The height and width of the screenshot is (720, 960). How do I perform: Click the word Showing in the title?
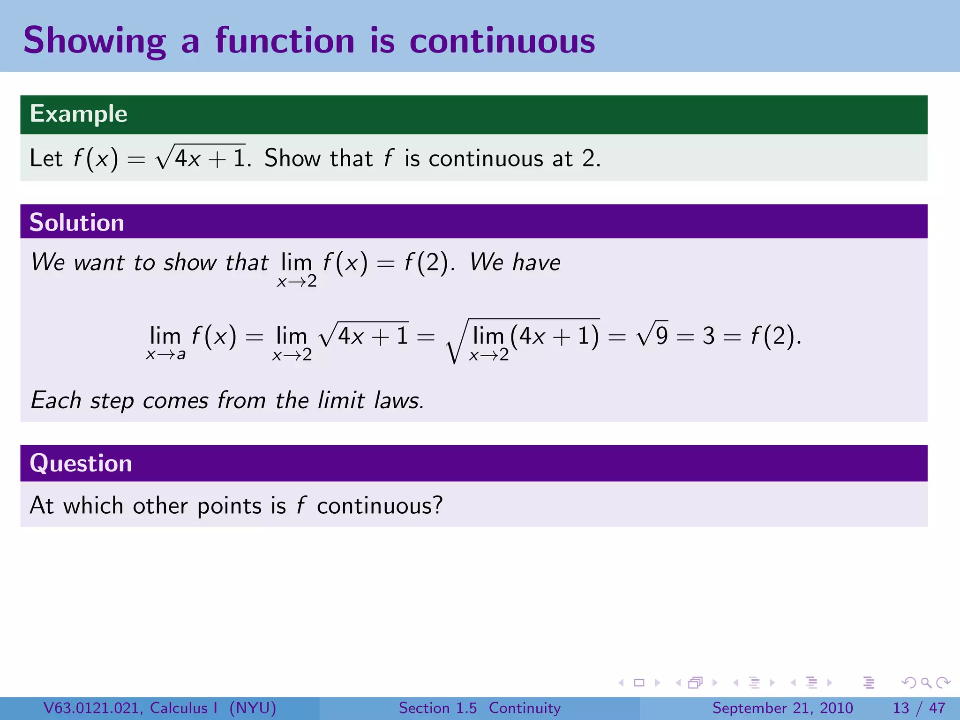point(94,41)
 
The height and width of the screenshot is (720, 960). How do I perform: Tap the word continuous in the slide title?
point(502,41)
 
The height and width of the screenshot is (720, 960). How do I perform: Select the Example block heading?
point(78,114)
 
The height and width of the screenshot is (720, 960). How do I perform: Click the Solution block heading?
point(76,222)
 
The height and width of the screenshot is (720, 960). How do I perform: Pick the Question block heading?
point(81,463)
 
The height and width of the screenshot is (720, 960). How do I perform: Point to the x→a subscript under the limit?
point(165,354)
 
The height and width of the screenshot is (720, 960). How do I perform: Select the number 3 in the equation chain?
point(708,336)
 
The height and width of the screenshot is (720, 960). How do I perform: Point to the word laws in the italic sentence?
point(398,401)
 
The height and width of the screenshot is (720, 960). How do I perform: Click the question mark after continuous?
point(437,505)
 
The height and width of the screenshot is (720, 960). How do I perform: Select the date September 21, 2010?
point(782,708)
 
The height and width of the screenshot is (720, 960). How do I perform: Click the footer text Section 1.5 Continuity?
point(480,708)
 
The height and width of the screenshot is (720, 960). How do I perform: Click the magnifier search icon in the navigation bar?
point(926,682)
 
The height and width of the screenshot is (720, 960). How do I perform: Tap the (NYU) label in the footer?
point(253,708)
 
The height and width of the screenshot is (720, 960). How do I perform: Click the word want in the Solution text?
point(99,262)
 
